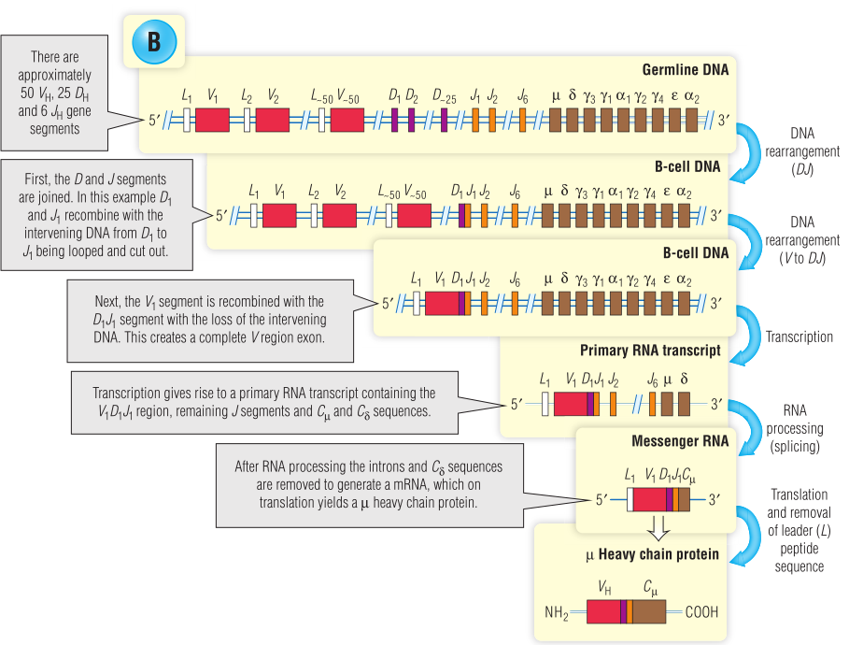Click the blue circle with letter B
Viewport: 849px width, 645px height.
153,41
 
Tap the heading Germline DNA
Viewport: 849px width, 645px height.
686,70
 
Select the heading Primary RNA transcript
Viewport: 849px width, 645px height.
650,351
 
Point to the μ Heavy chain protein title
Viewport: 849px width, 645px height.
652,554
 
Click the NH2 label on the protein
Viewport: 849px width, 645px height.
557,613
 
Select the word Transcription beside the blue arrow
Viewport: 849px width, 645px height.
799,337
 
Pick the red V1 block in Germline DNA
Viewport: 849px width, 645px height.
212,120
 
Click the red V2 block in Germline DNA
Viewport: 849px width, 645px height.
273,120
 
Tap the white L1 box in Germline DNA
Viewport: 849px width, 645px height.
187,120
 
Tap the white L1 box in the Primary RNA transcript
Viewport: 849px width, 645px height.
545,404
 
